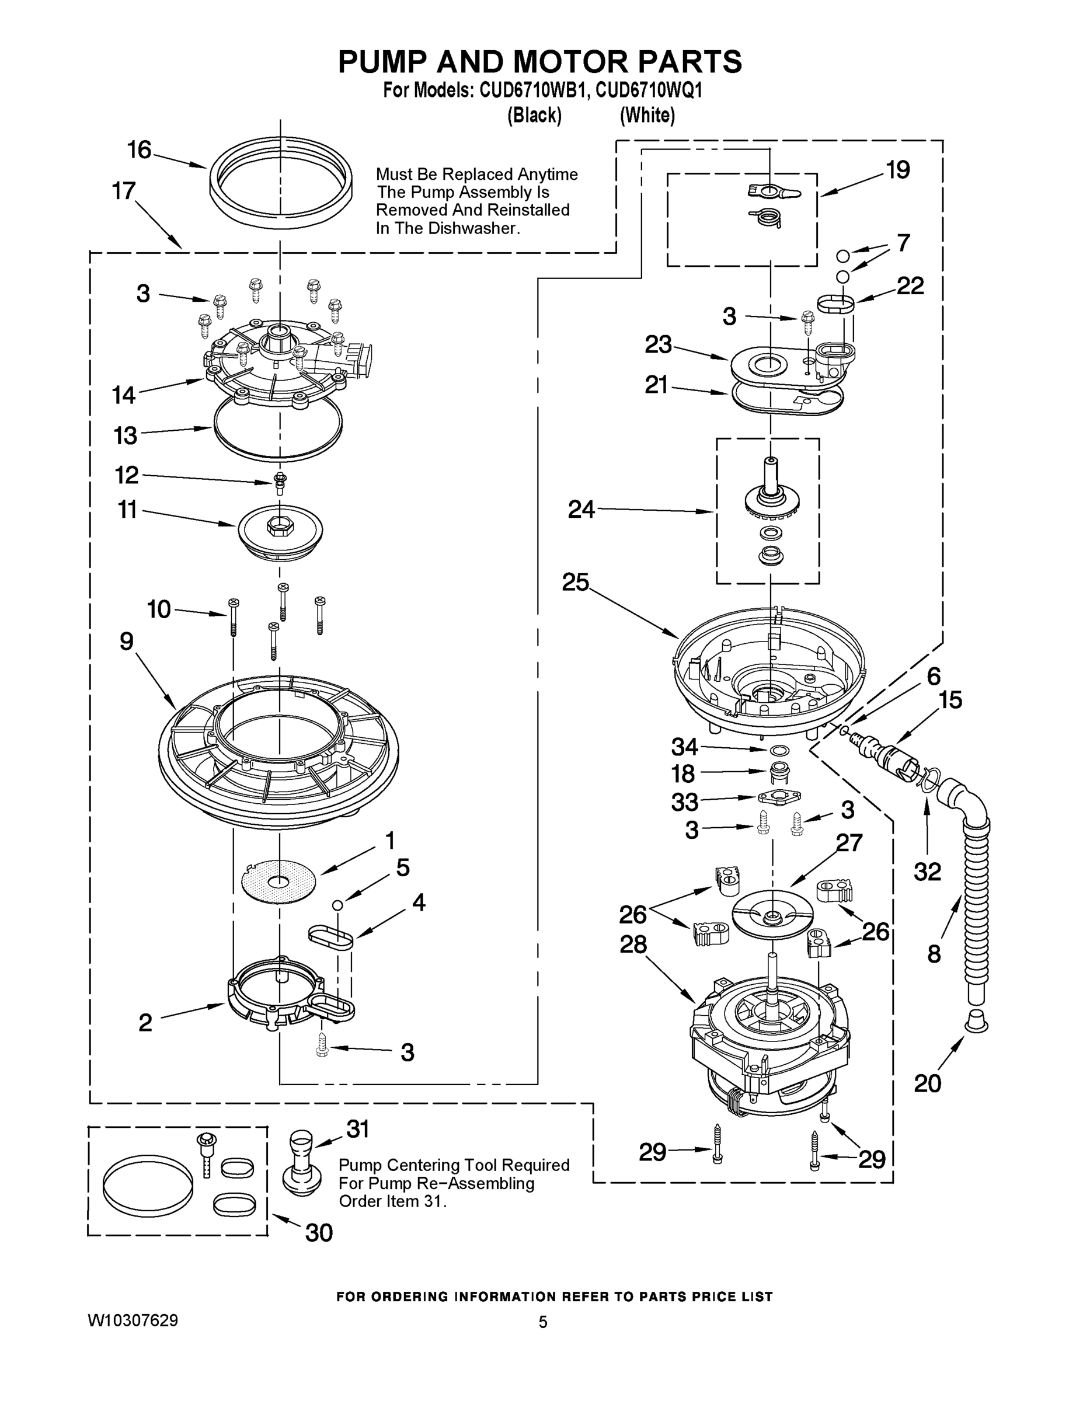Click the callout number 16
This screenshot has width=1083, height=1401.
(138, 150)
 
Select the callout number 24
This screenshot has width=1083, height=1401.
(581, 510)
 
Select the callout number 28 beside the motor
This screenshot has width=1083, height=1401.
(633, 945)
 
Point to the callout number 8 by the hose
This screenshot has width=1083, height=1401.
(934, 954)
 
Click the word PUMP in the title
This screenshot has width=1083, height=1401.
(384, 62)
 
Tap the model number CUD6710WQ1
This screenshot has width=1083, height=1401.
(649, 90)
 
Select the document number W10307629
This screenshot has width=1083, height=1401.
(133, 1320)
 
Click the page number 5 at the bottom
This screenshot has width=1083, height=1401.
(543, 1322)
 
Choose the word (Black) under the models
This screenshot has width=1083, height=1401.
(534, 116)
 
